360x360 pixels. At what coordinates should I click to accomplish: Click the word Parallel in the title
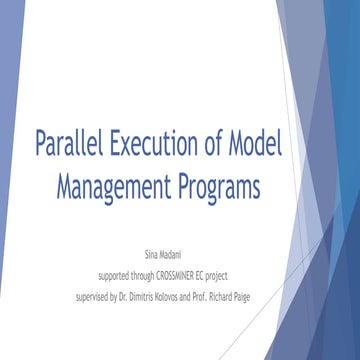pyautogui.click(x=69, y=145)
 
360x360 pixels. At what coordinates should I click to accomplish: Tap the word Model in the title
pyautogui.click(x=256, y=145)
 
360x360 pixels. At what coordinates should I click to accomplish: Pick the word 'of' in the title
pyautogui.click(x=216, y=145)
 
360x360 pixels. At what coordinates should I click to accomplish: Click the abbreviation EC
pyautogui.click(x=232, y=275)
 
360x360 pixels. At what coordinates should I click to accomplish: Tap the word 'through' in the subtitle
pyautogui.click(x=154, y=276)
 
